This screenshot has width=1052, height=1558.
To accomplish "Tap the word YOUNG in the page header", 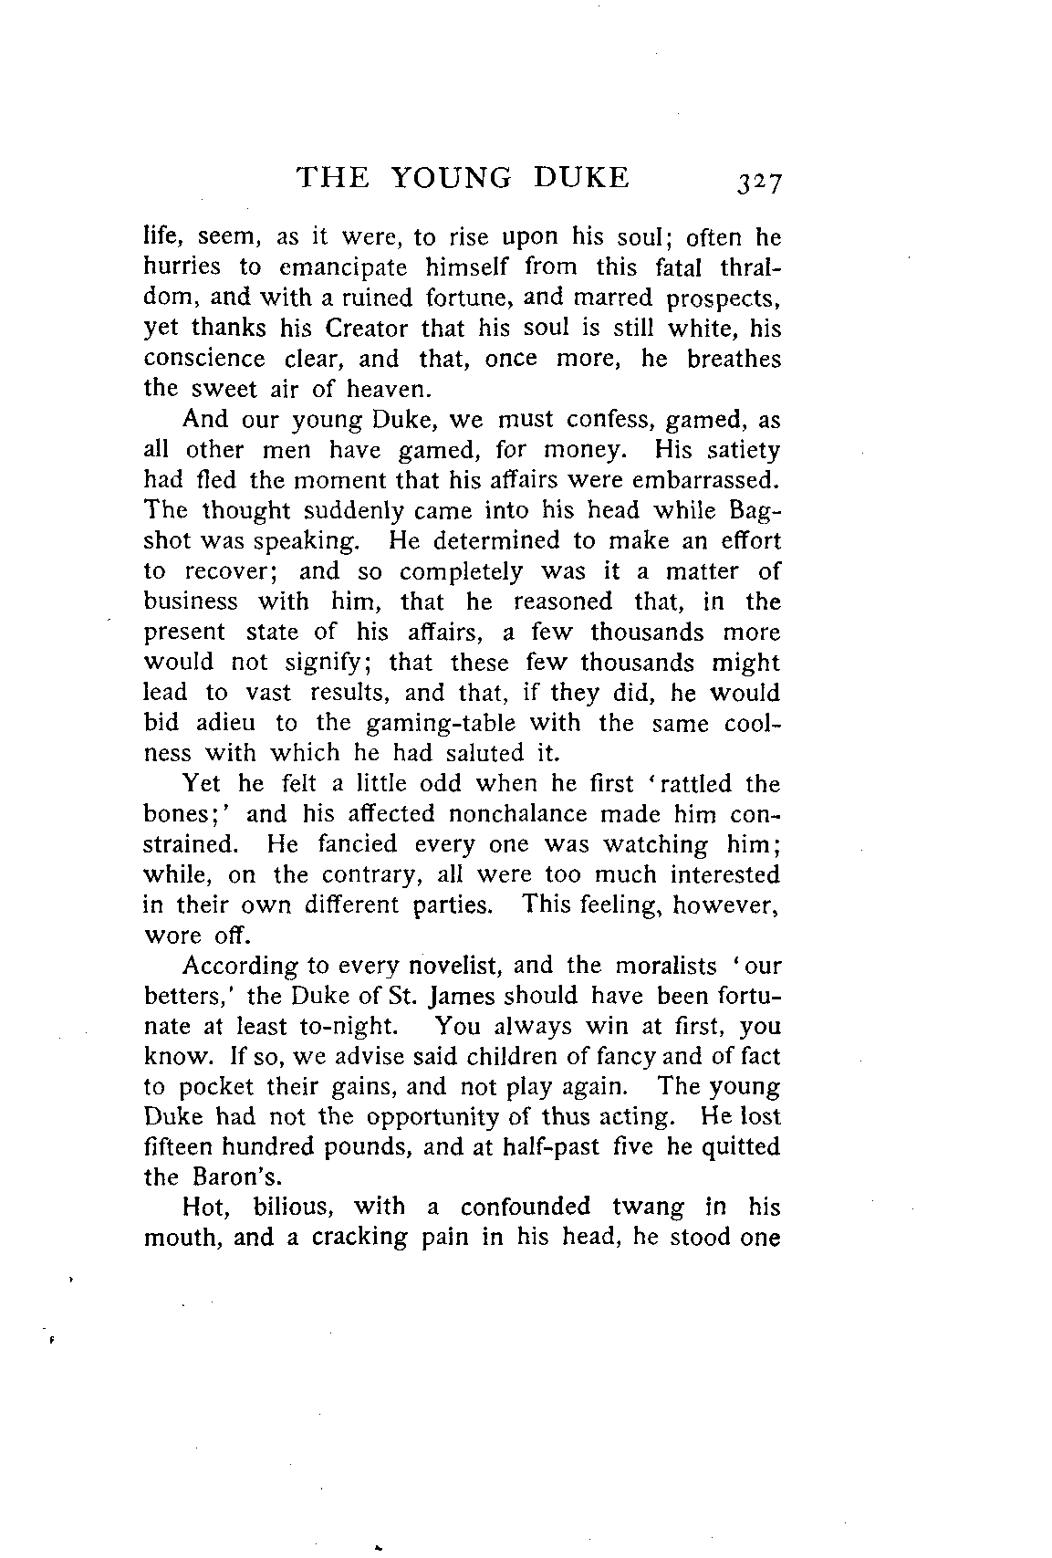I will pos(452,176).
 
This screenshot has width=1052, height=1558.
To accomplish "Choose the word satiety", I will pos(741,451).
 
